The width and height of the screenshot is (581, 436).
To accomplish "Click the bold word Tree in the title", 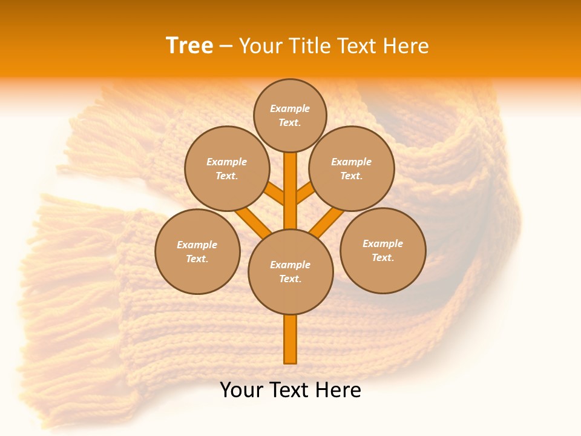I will pos(189,45).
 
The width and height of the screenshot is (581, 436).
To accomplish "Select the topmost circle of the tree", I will pos(290,115).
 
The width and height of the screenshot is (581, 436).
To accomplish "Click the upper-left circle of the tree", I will pos(227,168).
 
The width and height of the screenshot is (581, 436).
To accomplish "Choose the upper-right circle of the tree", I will pos(352,168).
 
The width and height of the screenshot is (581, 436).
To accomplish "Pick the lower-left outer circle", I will pos(197,251).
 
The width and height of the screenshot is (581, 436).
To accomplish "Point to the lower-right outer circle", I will pos(383,250).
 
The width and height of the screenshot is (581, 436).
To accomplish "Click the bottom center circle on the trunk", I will pos(290,271).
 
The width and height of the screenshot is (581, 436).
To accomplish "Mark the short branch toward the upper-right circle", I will pos(305,193).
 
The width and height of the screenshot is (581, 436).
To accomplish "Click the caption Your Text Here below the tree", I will pos(290,390).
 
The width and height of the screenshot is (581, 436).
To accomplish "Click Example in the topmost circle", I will pos(290,108).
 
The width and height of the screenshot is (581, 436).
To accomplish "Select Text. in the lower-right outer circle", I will pos(382,257).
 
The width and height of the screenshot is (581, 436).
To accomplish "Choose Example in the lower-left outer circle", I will pos(197,245).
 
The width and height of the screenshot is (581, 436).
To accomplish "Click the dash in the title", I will pos(226,46).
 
